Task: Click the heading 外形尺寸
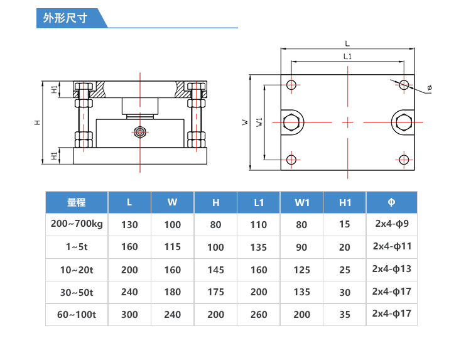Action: pyautogui.click(x=65, y=19)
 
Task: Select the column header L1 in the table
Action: pyautogui.click(x=259, y=202)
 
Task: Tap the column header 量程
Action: pyautogui.click(x=76, y=202)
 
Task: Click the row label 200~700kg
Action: pyautogui.click(x=76, y=224)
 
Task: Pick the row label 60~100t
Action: pyautogui.click(x=76, y=314)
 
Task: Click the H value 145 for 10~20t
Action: pyautogui.click(x=215, y=270)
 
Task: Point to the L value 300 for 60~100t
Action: pyautogui.click(x=129, y=314)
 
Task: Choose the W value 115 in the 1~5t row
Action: pyautogui.click(x=173, y=247)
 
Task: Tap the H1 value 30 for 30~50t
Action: pyautogui.click(x=345, y=292)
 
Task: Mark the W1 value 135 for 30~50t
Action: pyautogui.click(x=301, y=292)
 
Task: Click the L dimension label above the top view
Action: pyautogui.click(x=347, y=43)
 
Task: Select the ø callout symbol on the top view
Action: pyautogui.click(x=430, y=88)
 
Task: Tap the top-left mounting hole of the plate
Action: pyautogui.click(x=292, y=85)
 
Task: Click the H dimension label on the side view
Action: pyautogui.click(x=38, y=122)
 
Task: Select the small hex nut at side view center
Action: pyautogui.click(x=140, y=132)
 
